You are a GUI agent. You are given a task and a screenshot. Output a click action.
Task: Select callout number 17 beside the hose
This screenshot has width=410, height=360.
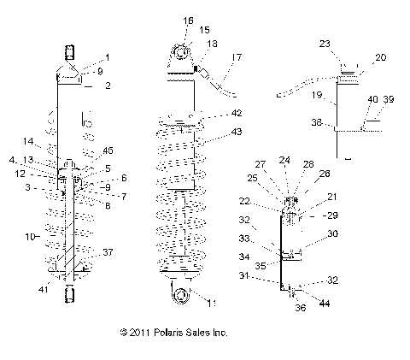[x=237, y=57]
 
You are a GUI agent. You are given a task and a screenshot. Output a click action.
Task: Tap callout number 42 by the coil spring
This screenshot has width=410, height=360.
[x=237, y=112]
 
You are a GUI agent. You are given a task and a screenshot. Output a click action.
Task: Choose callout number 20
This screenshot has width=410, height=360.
[x=380, y=57]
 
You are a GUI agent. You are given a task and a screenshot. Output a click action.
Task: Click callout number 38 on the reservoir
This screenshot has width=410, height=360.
[x=316, y=122]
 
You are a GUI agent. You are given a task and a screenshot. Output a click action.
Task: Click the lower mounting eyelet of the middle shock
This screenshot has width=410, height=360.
[x=181, y=294]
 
